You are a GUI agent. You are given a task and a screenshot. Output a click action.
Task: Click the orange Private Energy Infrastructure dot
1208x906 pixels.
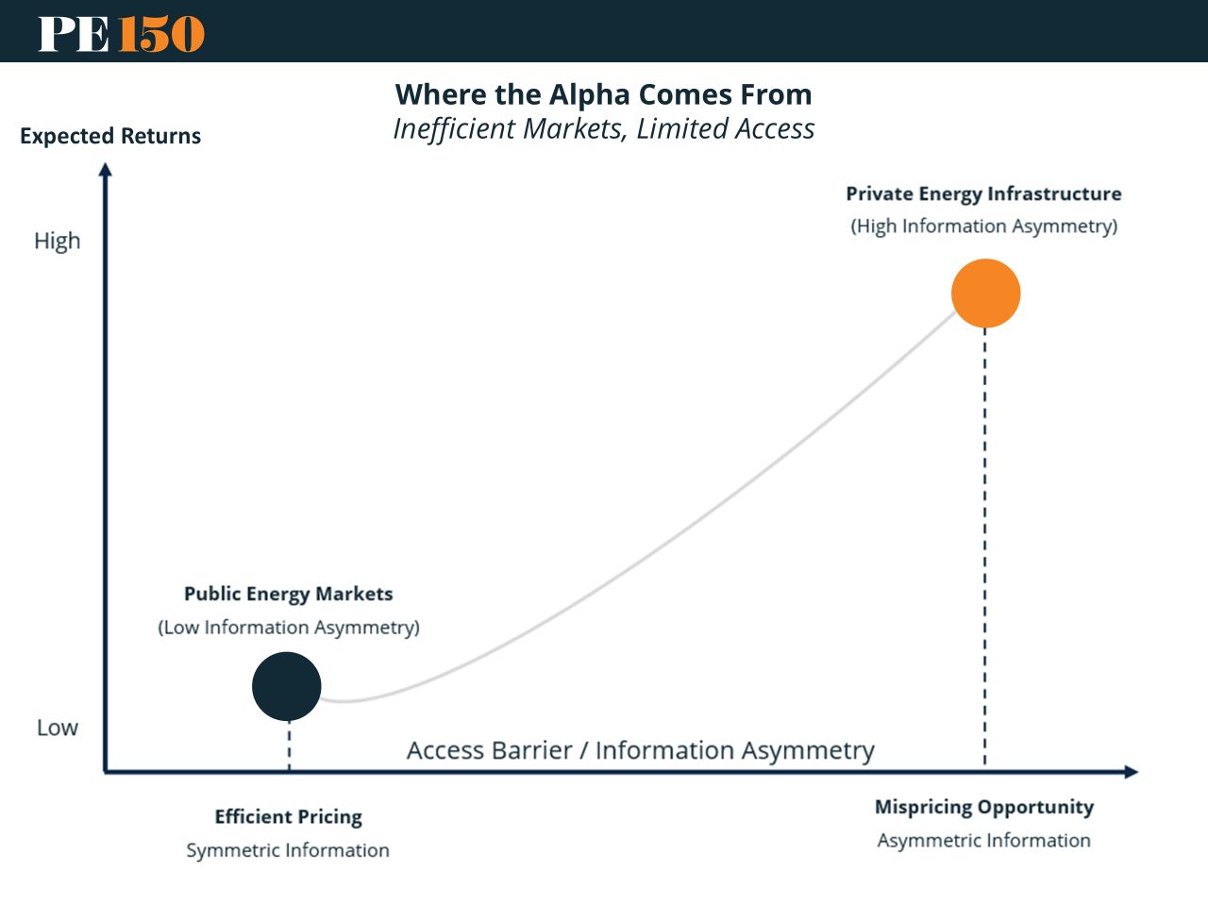click(985, 294)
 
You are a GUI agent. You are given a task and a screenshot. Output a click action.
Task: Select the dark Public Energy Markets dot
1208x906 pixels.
click(287, 686)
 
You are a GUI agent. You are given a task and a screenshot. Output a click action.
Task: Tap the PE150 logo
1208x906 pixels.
click(121, 33)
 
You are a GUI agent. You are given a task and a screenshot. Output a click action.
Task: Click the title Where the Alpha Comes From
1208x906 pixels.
click(603, 94)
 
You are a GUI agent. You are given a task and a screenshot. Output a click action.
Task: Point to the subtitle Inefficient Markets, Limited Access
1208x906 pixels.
click(603, 128)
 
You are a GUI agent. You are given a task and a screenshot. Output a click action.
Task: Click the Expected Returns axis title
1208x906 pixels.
click(110, 136)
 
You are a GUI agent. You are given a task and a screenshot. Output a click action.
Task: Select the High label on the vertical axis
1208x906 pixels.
click(58, 241)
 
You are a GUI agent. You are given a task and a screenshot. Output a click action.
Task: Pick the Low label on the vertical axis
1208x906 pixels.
click(58, 728)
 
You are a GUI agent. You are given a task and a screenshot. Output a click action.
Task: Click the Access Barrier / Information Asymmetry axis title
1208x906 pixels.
click(640, 750)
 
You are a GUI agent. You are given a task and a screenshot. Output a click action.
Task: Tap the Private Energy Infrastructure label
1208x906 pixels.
click(983, 193)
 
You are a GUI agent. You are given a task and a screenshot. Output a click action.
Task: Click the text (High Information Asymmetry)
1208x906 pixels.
click(983, 226)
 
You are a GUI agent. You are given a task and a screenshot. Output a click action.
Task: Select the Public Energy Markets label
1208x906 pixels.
click(288, 594)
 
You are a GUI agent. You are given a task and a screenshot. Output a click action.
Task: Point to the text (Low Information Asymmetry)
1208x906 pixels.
click(288, 628)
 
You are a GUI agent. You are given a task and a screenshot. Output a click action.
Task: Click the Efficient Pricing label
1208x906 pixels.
click(288, 816)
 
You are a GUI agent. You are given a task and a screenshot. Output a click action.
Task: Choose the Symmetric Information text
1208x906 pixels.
click(288, 850)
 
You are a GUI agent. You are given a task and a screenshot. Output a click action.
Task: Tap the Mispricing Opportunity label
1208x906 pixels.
click(983, 807)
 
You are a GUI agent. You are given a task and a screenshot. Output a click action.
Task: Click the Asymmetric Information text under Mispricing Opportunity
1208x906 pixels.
click(983, 840)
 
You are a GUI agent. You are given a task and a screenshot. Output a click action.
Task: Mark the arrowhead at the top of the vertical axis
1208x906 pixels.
click(106, 170)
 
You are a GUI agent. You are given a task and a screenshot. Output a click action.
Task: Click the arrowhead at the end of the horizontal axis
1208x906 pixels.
click(1131, 772)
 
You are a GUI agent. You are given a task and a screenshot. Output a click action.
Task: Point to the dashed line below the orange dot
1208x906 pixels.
click(985, 547)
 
